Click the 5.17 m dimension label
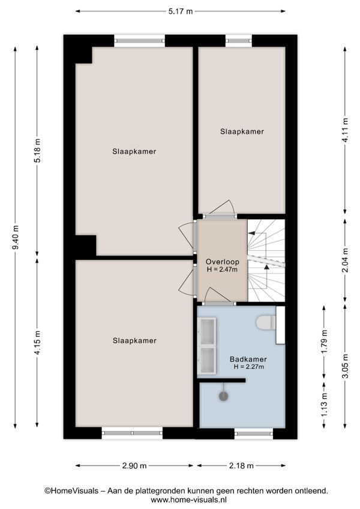[180, 11]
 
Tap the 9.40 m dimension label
[15, 237]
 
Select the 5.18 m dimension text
[37, 151]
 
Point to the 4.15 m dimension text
[37, 343]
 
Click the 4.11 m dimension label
[345, 130]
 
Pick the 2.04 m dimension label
[345, 261]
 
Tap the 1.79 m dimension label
[324, 342]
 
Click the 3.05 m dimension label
[345, 366]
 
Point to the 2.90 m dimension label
[134, 466]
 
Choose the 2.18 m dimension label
[241, 466]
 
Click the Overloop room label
[223, 262]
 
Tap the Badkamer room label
[248, 360]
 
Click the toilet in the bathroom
[266, 323]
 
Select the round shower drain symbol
[223, 396]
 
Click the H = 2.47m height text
[223, 270]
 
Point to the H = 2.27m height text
[248, 367]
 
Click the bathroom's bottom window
[254, 433]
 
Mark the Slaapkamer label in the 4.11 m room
[242, 131]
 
